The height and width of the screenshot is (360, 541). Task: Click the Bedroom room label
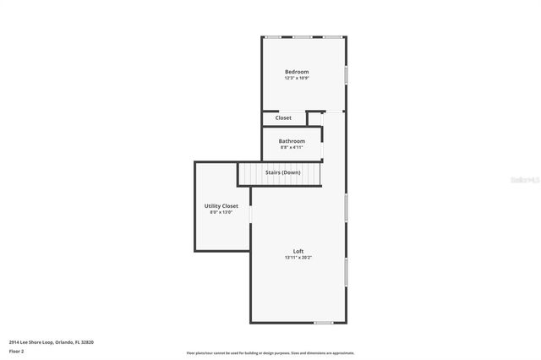[x=297, y=72]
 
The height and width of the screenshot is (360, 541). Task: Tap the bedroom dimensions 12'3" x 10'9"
[x=297, y=79]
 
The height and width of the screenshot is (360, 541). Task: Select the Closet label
[x=283, y=118]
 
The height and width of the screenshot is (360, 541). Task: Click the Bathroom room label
[x=292, y=140]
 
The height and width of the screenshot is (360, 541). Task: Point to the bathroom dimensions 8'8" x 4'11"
[x=292, y=147]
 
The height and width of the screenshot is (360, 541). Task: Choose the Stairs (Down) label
[x=283, y=172]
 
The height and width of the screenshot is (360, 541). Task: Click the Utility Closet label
[x=221, y=206]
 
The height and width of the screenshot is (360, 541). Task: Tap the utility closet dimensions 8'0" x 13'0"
[x=221, y=213]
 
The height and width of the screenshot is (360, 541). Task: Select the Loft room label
[x=298, y=251]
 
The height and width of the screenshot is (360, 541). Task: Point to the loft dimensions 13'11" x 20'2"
[x=298, y=258]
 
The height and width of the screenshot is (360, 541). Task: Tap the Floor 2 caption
[x=17, y=351]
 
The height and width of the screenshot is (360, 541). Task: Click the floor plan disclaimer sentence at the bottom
[x=270, y=353]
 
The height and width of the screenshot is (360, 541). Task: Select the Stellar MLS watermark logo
[x=521, y=179]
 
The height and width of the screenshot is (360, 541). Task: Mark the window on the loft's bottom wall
[x=323, y=323]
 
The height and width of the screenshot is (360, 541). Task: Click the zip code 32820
[x=85, y=341]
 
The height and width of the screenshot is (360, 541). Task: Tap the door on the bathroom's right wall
[x=322, y=151]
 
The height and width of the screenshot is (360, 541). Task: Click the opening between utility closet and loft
[x=250, y=215]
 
